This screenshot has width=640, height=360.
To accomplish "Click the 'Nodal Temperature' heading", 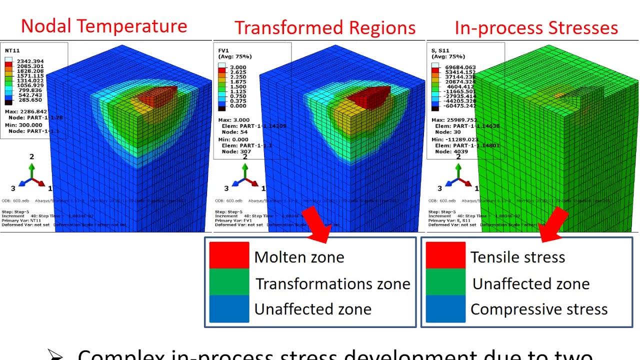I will tap(104, 25).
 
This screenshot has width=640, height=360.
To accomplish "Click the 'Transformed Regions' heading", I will tap(325, 27).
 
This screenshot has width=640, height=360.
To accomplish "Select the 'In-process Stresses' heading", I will tap(536, 27).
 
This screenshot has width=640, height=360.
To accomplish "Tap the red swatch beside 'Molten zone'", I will tap(229, 255).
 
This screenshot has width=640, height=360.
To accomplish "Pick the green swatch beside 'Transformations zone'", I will tap(229, 282).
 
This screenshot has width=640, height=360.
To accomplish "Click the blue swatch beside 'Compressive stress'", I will tap(445, 309).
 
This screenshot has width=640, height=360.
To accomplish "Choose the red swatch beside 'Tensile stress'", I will tap(445, 255).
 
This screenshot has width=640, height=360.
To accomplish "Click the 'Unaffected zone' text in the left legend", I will tap(312, 309).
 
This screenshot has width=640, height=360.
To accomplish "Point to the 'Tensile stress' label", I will tap(517, 257).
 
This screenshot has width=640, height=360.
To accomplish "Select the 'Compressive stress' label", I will tap(539, 309).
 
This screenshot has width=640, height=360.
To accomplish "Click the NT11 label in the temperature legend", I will tap(12, 50).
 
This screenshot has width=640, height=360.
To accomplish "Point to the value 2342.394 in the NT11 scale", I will tap(30, 61).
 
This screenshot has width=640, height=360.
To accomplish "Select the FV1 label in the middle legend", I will tap(223, 50).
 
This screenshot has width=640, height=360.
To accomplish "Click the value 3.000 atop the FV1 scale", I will tap(238, 67).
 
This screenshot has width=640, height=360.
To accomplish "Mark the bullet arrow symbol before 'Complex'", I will tap(56, 354).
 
